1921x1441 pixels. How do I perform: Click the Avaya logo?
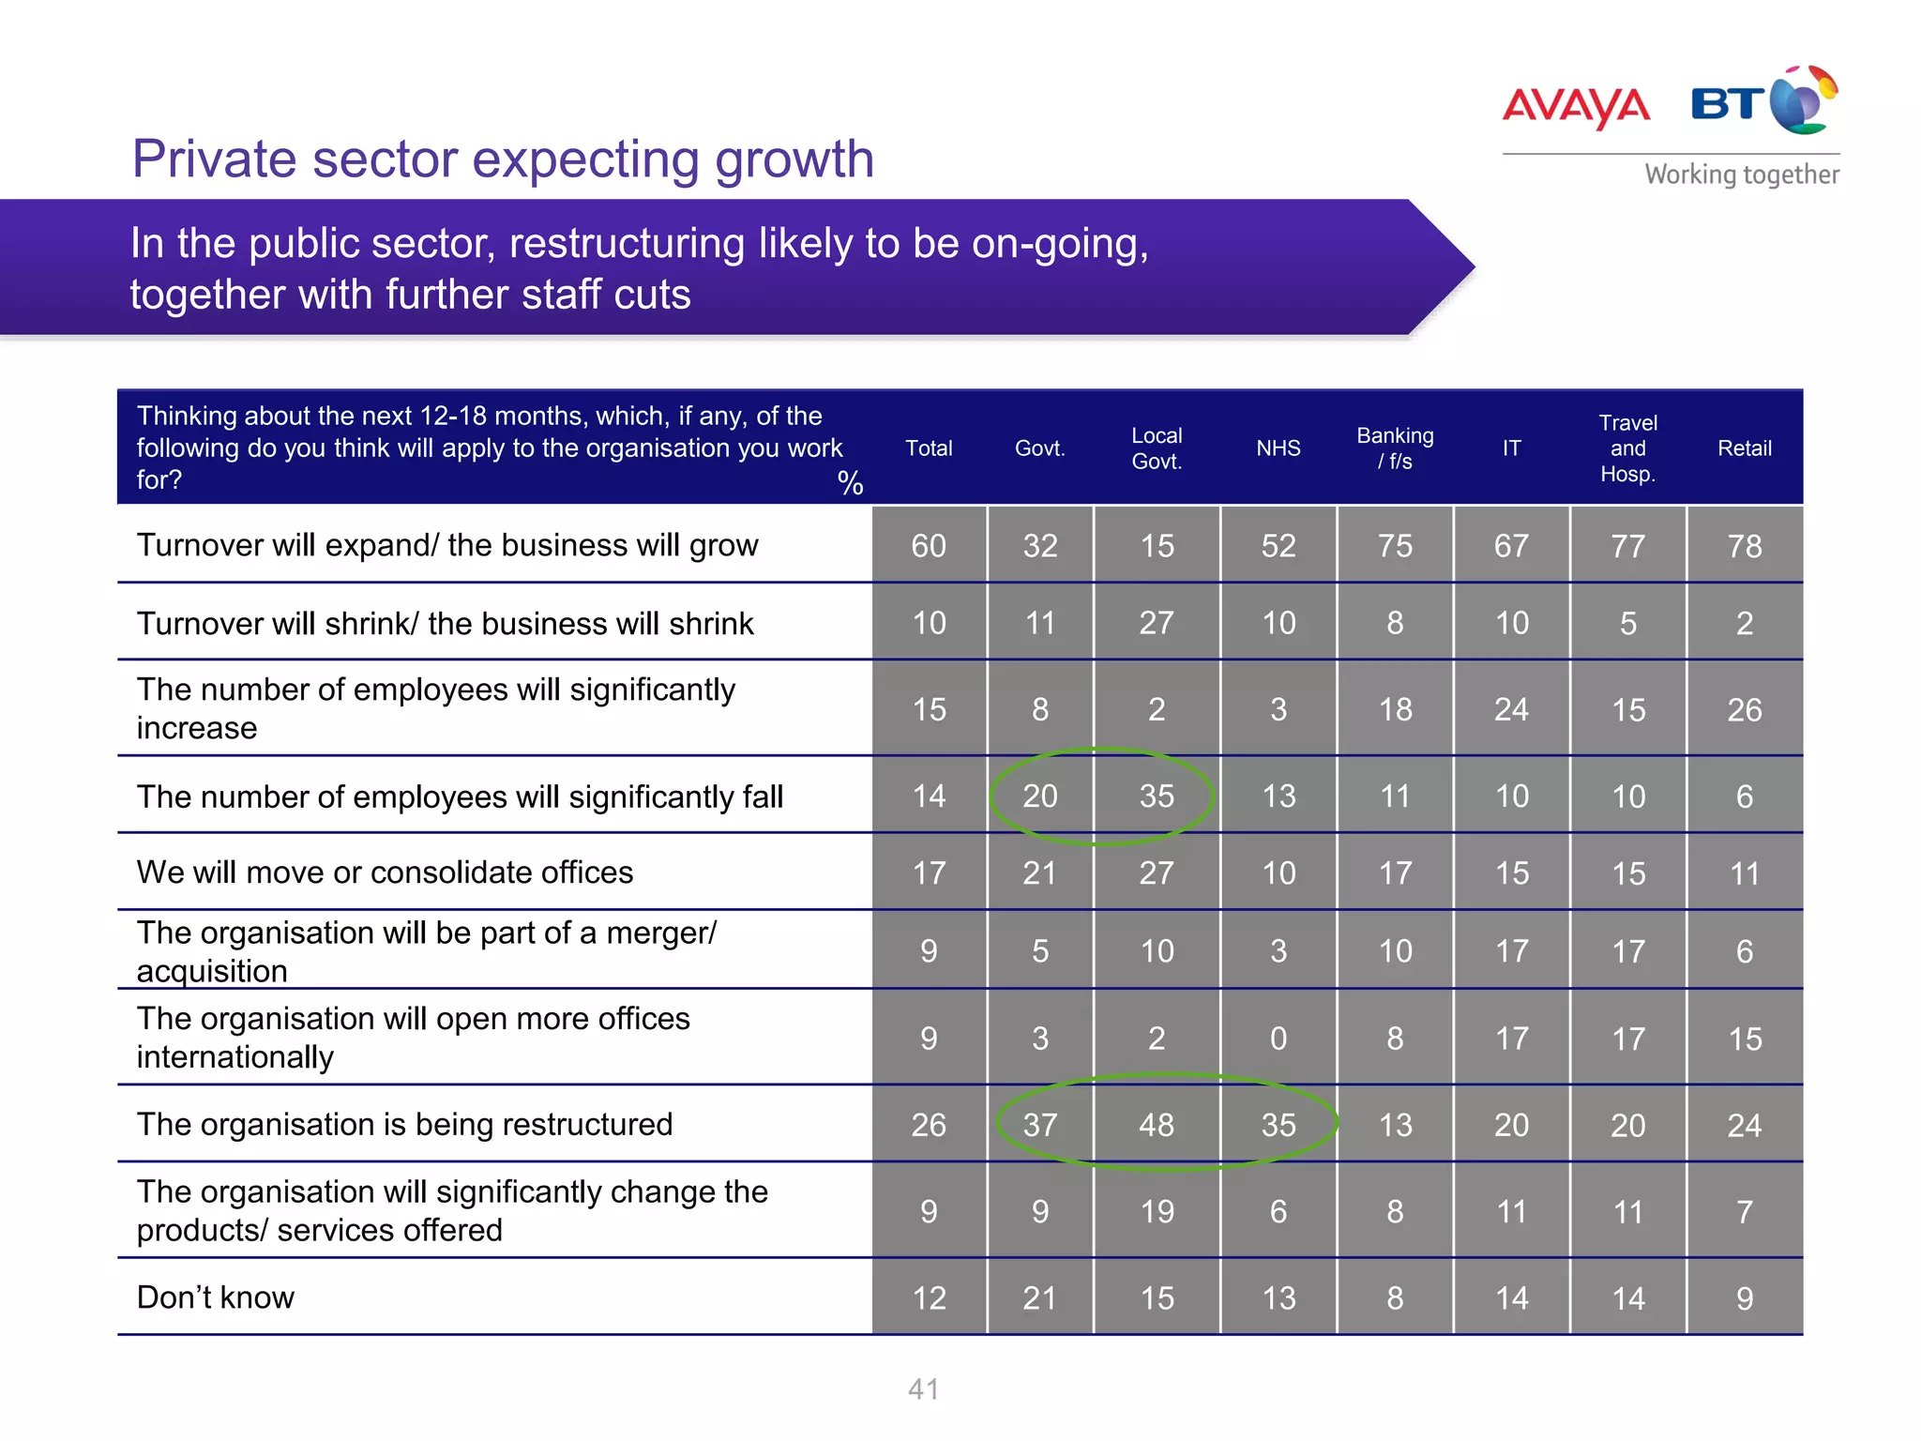(1575, 106)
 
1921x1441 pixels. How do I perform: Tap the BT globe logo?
(1802, 101)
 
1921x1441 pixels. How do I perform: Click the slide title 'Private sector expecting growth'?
(503, 159)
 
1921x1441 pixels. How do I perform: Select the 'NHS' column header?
(1278, 448)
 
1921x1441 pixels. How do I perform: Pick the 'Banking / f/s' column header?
(1395, 448)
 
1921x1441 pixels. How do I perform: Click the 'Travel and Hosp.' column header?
(1627, 448)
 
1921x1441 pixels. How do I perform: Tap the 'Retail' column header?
(1744, 448)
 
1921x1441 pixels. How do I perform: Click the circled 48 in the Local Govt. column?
(1156, 1125)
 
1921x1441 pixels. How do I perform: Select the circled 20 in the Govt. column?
(1039, 796)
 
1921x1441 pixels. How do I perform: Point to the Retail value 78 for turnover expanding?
(1744, 546)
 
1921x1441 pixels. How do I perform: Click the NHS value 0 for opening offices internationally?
(1278, 1039)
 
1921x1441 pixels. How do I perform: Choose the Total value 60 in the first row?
(929, 546)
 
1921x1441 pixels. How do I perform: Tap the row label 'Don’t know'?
(216, 1297)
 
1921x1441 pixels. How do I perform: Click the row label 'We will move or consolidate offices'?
(385, 872)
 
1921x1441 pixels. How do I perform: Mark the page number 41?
(923, 1389)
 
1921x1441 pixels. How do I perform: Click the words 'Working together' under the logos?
(1741, 175)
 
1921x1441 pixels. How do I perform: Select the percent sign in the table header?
(850, 483)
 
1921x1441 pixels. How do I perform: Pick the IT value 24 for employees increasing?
(1511, 710)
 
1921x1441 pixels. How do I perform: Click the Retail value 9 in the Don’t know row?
(1744, 1298)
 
